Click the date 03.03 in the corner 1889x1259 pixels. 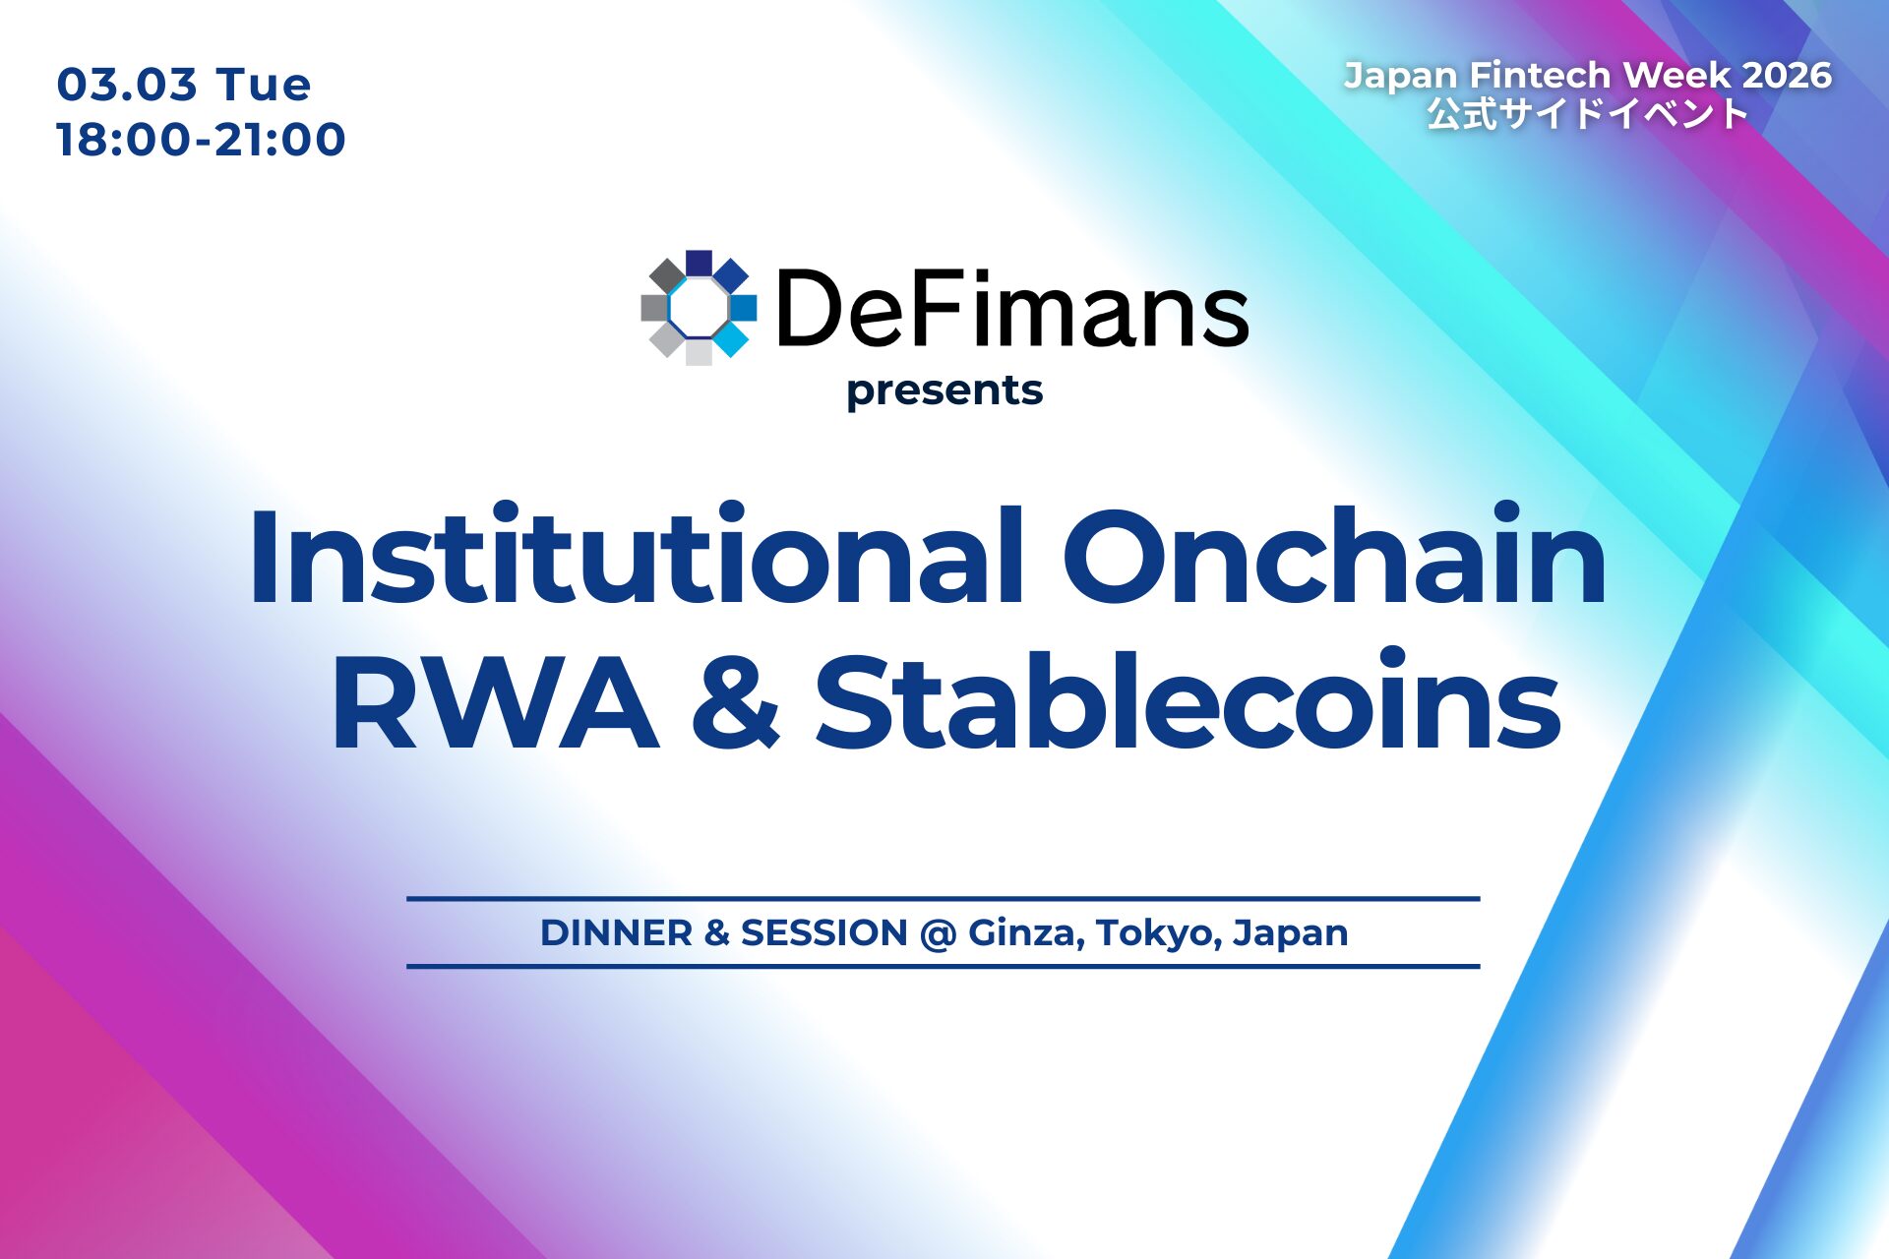click(x=127, y=85)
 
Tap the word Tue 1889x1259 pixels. click(x=263, y=85)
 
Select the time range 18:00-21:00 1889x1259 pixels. click(x=201, y=140)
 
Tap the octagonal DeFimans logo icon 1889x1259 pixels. click(x=699, y=308)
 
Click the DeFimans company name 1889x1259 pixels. click(x=1012, y=310)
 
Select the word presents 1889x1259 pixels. click(x=944, y=391)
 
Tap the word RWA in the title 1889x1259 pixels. click(x=494, y=703)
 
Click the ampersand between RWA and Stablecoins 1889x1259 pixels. click(x=736, y=703)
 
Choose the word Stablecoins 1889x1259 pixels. click(x=1188, y=703)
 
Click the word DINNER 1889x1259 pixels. click(x=616, y=933)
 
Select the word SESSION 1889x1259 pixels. click(x=823, y=933)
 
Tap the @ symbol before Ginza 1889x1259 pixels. click(x=938, y=933)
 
